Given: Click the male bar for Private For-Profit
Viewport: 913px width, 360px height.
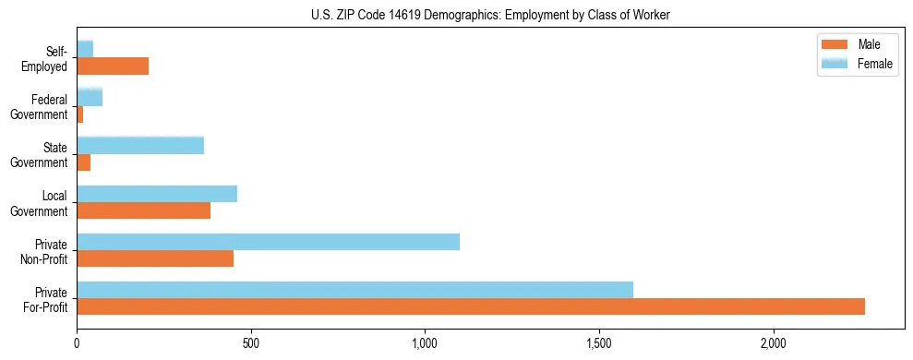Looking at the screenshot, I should point(471,306).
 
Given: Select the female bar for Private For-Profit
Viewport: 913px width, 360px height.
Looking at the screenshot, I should point(354,290).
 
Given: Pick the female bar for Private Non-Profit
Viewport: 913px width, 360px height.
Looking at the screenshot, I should point(268,242).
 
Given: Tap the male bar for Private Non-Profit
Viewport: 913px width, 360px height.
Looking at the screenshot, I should point(155,258).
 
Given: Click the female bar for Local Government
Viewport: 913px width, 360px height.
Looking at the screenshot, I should point(157,194).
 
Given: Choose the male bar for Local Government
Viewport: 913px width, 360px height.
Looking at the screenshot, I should point(143,210).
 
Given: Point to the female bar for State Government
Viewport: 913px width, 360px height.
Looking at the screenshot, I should point(140,145).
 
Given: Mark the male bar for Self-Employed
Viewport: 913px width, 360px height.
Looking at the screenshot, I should point(113,66).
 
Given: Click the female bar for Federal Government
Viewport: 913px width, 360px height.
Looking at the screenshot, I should point(90,97).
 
